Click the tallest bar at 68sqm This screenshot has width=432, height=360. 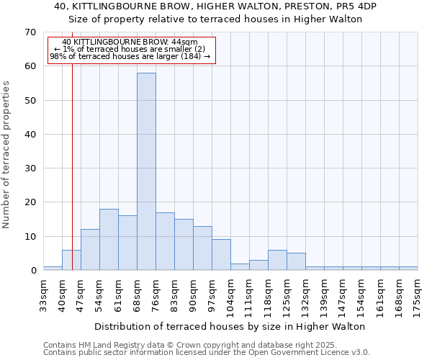146,171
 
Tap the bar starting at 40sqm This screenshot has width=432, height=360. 71,260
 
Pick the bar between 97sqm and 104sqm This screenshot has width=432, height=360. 221,255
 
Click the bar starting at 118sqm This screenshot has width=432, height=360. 277,260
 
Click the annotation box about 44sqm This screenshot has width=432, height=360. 131,50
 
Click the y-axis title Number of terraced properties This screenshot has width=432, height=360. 7,154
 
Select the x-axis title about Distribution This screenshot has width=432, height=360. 230,326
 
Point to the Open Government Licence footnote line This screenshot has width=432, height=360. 207,353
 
